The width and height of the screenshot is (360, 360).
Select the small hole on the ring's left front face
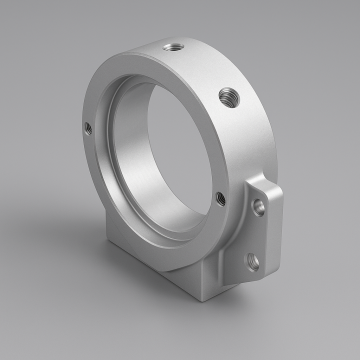(87, 127)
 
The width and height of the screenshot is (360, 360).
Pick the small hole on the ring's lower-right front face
(220, 198)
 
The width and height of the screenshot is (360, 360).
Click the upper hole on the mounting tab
(259, 206)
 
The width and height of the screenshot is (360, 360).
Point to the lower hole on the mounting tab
(252, 262)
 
